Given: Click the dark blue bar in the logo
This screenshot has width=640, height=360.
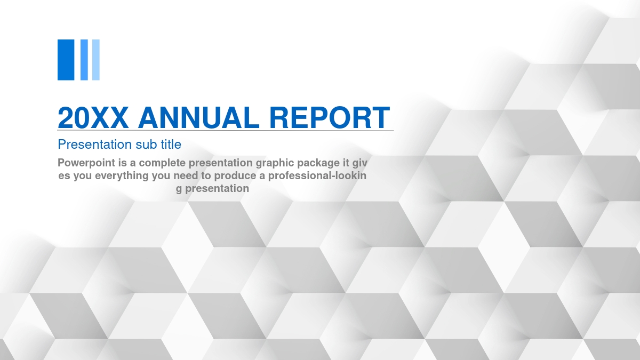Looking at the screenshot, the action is [66, 60].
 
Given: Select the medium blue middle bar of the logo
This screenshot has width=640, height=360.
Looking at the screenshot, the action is [84, 60].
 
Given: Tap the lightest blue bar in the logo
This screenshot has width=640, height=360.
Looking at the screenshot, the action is [95, 60].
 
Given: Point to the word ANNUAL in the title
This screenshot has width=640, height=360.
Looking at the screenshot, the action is [199, 117].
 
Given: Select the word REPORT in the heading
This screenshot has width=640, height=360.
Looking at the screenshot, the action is [330, 117].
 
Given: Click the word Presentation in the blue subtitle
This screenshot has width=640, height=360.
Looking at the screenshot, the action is [95, 145].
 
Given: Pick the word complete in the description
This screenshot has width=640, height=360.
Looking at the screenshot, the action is [162, 163].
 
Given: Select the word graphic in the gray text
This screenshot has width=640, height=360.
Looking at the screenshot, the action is [275, 163].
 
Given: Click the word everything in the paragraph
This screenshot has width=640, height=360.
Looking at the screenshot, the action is [122, 175].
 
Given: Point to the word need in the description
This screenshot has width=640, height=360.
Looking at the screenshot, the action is [186, 175].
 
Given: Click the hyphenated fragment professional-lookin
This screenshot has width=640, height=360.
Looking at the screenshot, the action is [317, 175].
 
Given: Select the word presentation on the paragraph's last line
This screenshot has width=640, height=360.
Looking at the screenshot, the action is [217, 189].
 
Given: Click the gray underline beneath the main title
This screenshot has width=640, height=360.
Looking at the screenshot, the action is [226, 131].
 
